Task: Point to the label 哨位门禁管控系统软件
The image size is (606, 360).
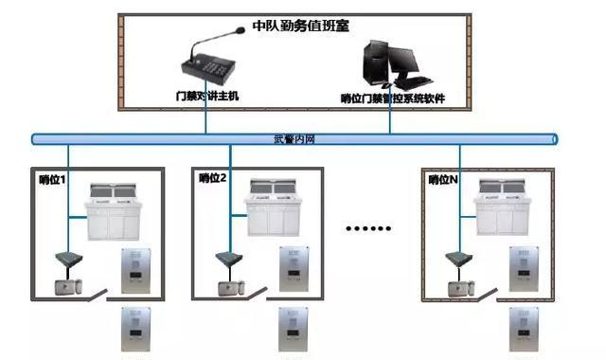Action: (x=393, y=98)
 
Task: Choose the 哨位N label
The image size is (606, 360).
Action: (x=442, y=178)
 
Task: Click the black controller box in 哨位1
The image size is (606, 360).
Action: (x=67, y=258)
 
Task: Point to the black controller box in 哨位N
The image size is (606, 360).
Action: (x=458, y=258)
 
